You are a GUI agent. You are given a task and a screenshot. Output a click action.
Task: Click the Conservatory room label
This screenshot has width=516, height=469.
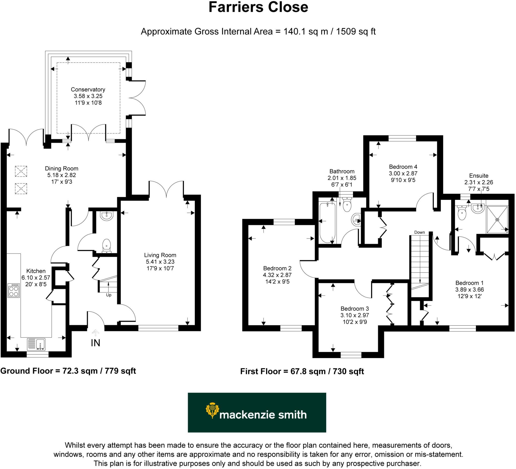tap(88, 90)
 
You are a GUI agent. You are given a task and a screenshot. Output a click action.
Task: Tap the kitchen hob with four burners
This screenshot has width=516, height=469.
tap(14, 290)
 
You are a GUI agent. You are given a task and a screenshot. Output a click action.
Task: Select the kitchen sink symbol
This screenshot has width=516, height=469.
tap(36, 344)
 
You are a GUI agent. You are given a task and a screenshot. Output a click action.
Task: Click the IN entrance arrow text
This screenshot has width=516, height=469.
tap(95, 343)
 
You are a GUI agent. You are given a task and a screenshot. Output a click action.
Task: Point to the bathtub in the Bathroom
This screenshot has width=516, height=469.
tap(327, 223)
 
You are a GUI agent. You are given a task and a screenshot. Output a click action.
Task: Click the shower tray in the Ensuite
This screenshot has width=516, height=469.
tap(497, 220)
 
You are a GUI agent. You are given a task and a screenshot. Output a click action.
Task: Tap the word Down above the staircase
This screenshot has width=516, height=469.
tap(420, 232)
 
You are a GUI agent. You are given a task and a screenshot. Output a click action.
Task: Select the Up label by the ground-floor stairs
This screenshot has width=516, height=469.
tap(109, 295)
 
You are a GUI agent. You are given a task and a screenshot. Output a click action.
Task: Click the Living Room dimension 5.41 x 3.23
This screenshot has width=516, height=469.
tap(160, 262)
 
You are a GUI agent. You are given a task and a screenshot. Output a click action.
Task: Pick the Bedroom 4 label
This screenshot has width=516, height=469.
tap(403, 167)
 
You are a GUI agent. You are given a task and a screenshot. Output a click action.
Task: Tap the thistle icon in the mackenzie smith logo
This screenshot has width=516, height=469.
tap(212, 411)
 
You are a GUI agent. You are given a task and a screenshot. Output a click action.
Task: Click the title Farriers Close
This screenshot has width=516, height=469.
tap(258, 7)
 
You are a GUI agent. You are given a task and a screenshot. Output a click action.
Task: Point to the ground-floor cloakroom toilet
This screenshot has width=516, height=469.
tap(106, 246)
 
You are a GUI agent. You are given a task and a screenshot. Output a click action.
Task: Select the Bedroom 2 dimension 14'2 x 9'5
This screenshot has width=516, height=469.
tap(277, 282)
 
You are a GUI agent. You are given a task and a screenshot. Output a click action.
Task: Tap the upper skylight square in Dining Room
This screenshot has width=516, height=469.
tap(21, 171)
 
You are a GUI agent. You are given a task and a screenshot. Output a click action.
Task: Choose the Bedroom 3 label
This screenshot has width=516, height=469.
tap(354, 309)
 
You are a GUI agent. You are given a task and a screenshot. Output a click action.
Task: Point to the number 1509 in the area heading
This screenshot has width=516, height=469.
tap(346, 32)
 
